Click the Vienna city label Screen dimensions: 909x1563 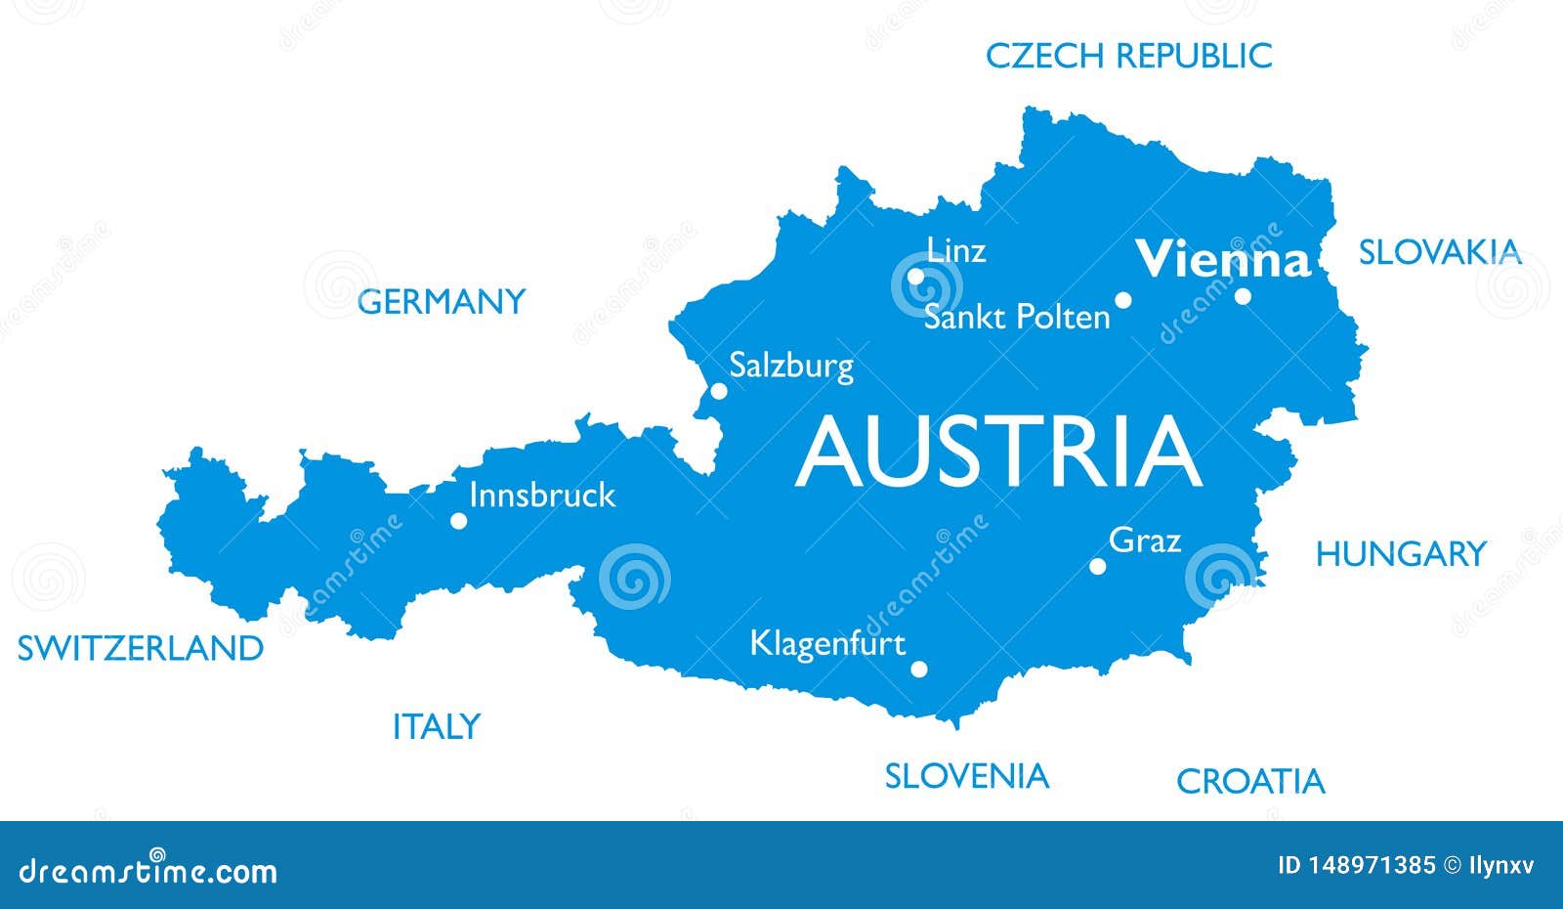click(1222, 260)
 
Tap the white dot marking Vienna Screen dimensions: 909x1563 click(1243, 295)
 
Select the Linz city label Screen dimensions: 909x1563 click(955, 250)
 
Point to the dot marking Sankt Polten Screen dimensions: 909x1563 click(1123, 300)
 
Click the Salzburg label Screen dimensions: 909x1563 click(791, 367)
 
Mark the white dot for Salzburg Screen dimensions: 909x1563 click(718, 391)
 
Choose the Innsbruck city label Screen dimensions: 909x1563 click(542, 495)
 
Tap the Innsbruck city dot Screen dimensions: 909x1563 click(458, 521)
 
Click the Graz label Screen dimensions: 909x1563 click(1145, 541)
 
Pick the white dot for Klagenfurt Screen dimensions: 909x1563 click(918, 670)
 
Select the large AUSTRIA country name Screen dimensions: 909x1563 click(998, 452)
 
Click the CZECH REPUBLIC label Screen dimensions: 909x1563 click(1128, 56)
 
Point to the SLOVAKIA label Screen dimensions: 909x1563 click(1440, 252)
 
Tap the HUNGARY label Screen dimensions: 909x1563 click(1400, 554)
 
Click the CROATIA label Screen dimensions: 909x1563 click(1250, 781)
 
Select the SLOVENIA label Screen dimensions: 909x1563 click(966, 776)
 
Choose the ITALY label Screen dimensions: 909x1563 click(436, 726)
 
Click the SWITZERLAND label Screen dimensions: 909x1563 click(141, 647)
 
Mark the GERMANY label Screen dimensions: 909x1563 click(442, 301)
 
